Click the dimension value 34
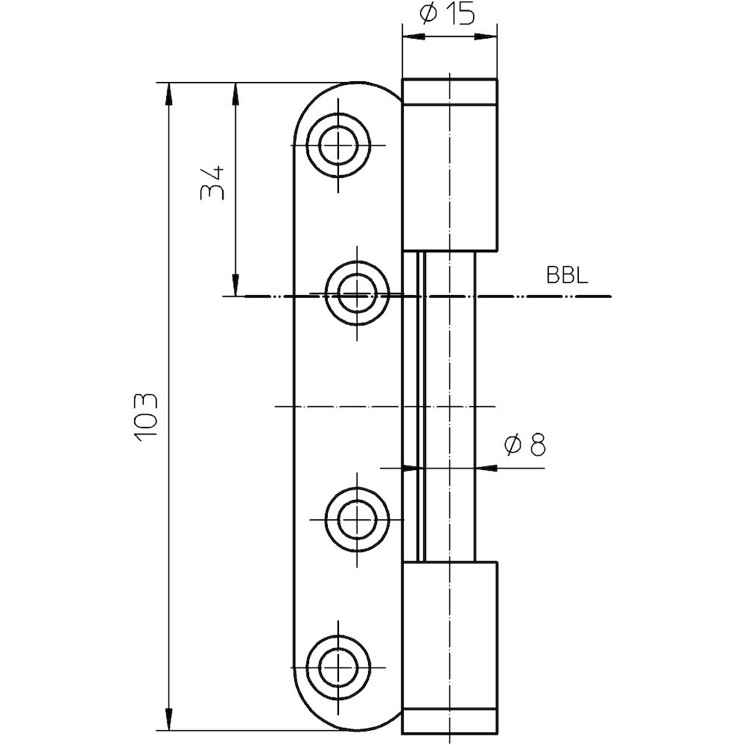212,183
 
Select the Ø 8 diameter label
524,445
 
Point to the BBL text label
568,276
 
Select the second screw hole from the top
358,294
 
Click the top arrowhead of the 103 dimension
170,92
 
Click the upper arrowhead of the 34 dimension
235,92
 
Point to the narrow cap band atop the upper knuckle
450,91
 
